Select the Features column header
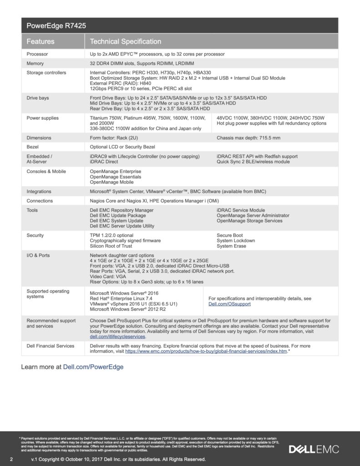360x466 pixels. [41, 41]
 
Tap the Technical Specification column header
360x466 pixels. [126, 41]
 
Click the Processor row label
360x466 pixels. [37, 54]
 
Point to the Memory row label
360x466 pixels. [35, 63]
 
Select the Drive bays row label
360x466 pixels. [38, 98]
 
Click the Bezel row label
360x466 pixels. [33, 147]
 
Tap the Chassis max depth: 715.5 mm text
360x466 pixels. [248, 138]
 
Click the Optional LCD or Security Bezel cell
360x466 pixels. [122, 147]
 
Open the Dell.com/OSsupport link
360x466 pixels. [229, 304]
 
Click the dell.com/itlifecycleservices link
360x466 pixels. [117, 337]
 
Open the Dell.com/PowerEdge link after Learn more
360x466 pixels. [93, 366]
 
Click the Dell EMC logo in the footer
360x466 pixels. [314, 449]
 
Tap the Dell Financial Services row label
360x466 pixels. [51, 346]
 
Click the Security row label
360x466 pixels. [35, 235]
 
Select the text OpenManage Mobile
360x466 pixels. [112, 182]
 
